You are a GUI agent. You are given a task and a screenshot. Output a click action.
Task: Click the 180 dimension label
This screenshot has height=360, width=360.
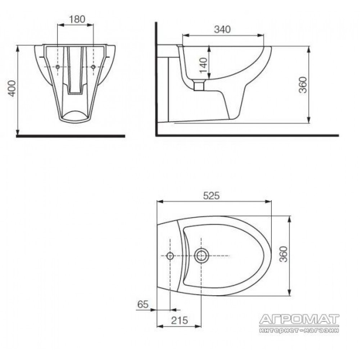pos(77,19)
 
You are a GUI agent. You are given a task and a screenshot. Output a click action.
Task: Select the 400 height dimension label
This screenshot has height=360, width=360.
pos(12,89)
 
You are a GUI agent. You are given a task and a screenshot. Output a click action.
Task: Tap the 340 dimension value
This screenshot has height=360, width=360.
pos(222,30)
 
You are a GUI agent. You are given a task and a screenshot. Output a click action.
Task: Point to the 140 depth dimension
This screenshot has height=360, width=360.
pos(203,65)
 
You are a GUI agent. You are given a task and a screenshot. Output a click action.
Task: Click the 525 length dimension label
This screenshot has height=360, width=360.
pos(211,195)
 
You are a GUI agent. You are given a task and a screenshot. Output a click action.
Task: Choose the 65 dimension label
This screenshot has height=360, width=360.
pos(143,304)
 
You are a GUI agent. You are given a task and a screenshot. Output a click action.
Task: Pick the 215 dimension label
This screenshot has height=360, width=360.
pos(180,320)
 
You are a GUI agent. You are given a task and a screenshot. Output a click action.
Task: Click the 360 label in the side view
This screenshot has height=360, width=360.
pos(303,85)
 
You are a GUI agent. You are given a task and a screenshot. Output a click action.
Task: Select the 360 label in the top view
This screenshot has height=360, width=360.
pos(284,254)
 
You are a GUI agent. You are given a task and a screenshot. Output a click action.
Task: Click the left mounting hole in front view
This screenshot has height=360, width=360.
pos(58,67)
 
